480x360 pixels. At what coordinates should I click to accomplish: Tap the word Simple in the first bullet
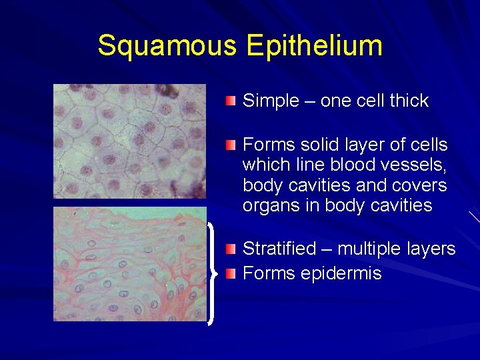point(271,101)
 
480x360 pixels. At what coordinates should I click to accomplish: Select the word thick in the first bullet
point(409,101)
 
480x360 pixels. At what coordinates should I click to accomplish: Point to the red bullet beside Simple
point(231,101)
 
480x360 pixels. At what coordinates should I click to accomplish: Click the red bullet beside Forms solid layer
point(231,145)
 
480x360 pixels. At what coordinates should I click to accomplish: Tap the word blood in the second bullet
point(355,165)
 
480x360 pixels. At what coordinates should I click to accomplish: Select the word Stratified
point(279,249)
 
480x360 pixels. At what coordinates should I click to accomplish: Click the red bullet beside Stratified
point(231,249)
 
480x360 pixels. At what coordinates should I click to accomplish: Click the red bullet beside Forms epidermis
point(231,273)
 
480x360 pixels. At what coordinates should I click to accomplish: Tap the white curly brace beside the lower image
point(212,273)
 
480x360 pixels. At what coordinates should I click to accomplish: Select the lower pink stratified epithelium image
point(129,264)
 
